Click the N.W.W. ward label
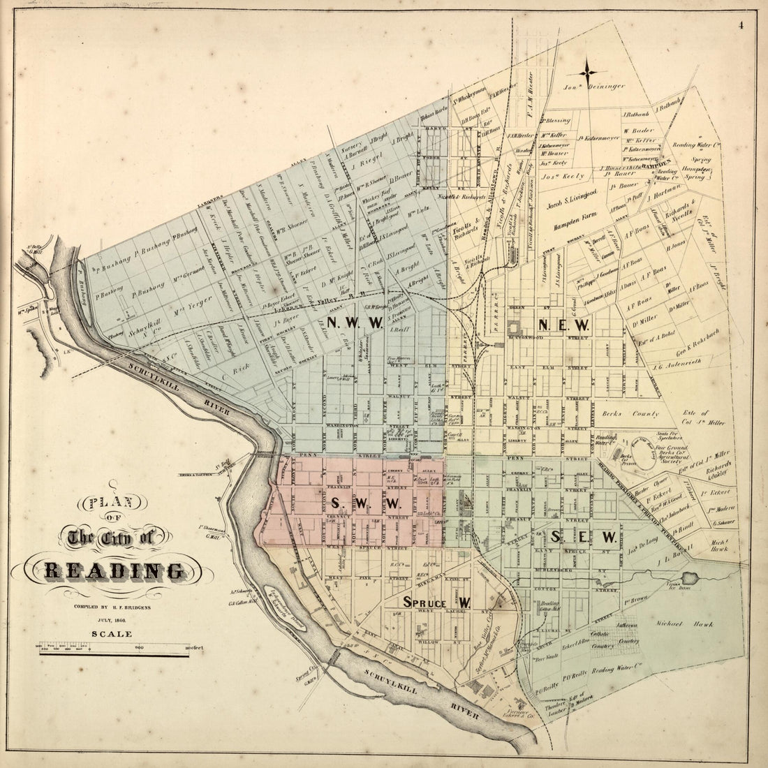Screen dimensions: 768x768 [x=353, y=323]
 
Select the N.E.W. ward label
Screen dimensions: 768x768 [x=564, y=325]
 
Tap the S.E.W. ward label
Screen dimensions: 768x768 [x=583, y=536]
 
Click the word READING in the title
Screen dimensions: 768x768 [x=115, y=571]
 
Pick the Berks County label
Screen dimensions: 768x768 [x=630, y=413]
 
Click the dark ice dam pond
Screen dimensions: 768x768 [x=693, y=578]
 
